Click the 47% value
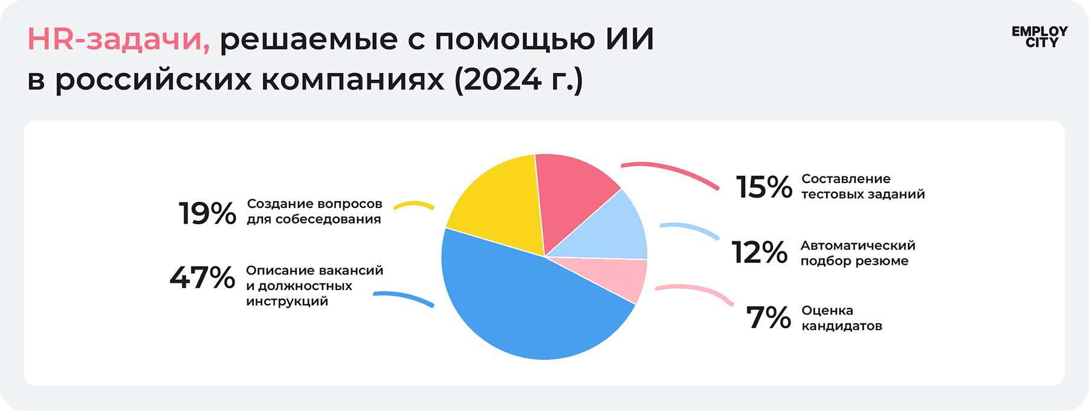(x=202, y=278)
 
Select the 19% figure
(x=207, y=213)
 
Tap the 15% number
(x=764, y=187)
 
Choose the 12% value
(x=760, y=253)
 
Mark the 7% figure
(x=768, y=318)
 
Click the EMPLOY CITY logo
(x=1039, y=37)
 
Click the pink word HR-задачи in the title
(x=118, y=40)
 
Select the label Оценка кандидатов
(x=841, y=318)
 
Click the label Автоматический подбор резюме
(x=858, y=253)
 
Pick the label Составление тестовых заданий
(x=862, y=186)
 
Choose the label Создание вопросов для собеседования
(x=314, y=212)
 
